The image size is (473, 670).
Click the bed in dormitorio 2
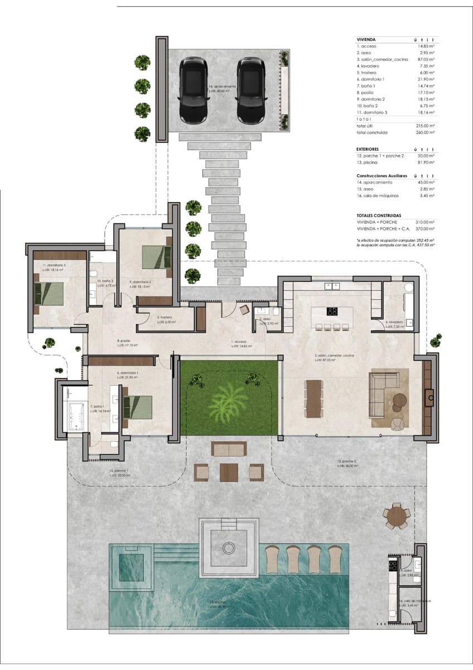157,257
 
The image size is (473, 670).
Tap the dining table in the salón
314,398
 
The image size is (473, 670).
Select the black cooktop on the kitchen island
332,312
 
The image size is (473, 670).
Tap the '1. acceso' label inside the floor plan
240,341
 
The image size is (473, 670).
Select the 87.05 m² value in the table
426,59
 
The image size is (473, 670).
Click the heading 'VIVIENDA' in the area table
366,40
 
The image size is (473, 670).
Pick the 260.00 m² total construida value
425,132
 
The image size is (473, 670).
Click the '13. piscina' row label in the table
368,162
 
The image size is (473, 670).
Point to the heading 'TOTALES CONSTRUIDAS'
379,215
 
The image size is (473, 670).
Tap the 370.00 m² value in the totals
425,229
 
